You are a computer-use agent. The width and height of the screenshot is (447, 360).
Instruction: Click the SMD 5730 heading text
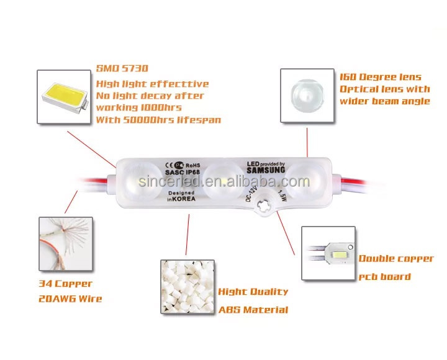122,68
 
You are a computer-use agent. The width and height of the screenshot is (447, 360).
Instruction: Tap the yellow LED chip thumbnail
64,97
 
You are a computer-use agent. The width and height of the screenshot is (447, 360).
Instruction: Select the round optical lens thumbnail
307,96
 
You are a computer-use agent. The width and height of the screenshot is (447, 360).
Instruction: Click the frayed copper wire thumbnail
66,244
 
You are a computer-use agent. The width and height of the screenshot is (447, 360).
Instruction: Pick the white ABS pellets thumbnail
187,287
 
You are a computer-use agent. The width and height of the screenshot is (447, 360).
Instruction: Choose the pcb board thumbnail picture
328,253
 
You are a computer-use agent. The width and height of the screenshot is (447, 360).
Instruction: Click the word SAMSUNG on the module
266,170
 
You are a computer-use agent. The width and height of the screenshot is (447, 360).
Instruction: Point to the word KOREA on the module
184,199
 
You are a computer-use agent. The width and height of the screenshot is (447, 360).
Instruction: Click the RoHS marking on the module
193,165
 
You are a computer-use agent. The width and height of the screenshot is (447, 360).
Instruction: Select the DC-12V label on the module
251,194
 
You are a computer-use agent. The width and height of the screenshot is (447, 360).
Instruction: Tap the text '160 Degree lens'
381,77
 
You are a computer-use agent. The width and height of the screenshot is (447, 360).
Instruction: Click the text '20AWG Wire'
70,299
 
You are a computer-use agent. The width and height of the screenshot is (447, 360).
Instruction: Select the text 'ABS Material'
253,310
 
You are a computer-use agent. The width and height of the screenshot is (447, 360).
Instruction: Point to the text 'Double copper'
396,259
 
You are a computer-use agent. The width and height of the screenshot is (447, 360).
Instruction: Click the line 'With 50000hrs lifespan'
158,120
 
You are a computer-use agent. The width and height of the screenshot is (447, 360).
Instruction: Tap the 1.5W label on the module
282,195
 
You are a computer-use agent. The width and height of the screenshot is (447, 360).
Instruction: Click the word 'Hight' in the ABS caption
230,292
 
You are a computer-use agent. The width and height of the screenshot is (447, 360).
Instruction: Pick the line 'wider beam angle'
385,101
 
